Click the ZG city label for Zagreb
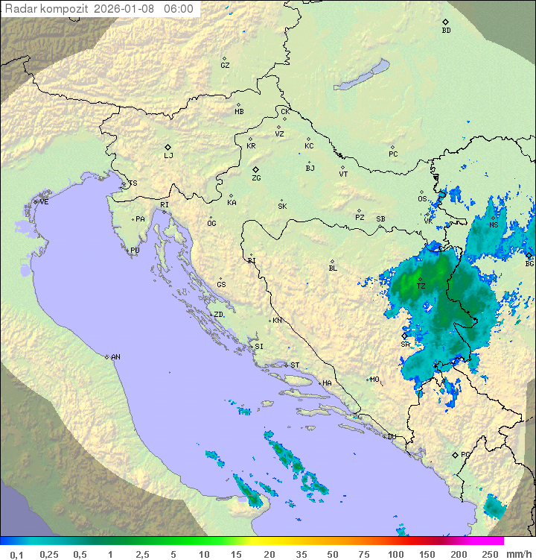[x=256, y=178]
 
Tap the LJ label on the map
[x=168, y=155]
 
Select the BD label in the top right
[x=446, y=31]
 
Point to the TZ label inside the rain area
[x=421, y=286]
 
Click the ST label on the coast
[x=295, y=365]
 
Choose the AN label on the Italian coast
[x=115, y=357]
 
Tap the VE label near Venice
[x=44, y=202]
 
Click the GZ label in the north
[x=225, y=65]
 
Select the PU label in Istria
[x=135, y=251]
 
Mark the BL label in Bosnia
[x=333, y=268]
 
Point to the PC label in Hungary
[x=393, y=154]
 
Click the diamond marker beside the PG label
[x=455, y=454]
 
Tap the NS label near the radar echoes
[x=494, y=224]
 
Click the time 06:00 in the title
[x=179, y=9]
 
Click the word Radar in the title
[x=20, y=9]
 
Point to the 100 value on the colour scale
[x=395, y=554]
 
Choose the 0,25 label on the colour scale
[x=49, y=554]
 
